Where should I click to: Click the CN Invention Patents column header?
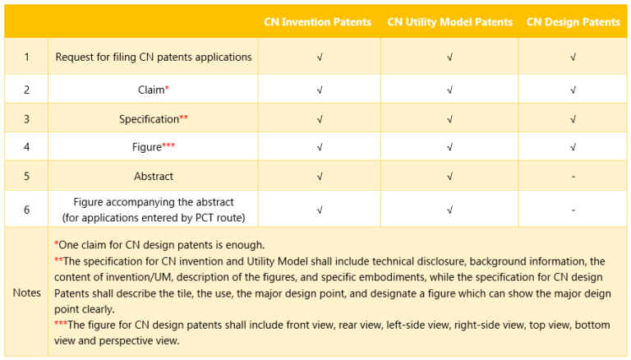coord(317,22)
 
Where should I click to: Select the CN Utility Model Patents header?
coord(449,22)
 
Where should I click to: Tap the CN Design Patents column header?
coord(573,22)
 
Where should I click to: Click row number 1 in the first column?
coord(26,58)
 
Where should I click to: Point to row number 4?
coord(26,148)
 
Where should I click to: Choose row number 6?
coord(26,210)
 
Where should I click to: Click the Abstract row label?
coord(154,177)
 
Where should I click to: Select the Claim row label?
coord(154,90)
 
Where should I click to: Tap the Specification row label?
coord(154,119)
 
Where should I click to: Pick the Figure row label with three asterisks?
coord(154,148)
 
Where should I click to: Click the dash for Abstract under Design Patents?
coord(573,177)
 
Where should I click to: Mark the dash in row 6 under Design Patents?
coord(573,210)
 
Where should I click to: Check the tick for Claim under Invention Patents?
coord(319,90)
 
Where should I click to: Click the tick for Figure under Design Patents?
coord(573,148)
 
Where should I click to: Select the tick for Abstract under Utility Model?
coord(449,177)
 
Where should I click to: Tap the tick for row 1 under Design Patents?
coord(573,58)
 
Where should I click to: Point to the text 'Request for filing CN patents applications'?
coord(154,58)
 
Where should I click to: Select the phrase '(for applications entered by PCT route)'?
coord(154,217)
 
